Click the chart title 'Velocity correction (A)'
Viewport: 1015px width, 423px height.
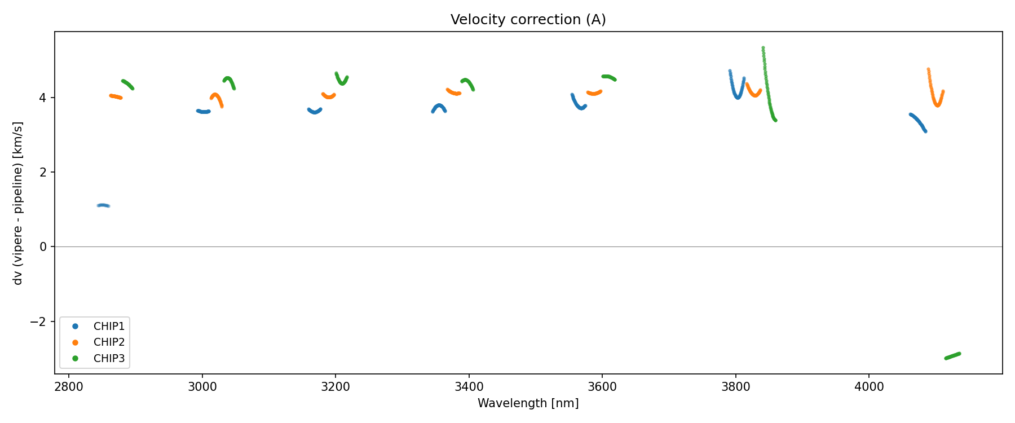click(528, 20)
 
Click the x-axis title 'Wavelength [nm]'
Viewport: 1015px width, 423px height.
click(528, 403)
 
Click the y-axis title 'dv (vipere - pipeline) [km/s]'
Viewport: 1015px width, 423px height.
click(18, 203)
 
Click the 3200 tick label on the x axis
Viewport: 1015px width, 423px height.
click(336, 386)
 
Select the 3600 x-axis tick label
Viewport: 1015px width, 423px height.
click(602, 386)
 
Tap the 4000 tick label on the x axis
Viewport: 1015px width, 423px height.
click(869, 386)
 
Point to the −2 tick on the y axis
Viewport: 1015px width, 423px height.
click(43, 321)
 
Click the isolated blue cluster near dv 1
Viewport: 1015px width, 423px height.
click(103, 205)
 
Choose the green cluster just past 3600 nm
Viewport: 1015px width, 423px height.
click(609, 77)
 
